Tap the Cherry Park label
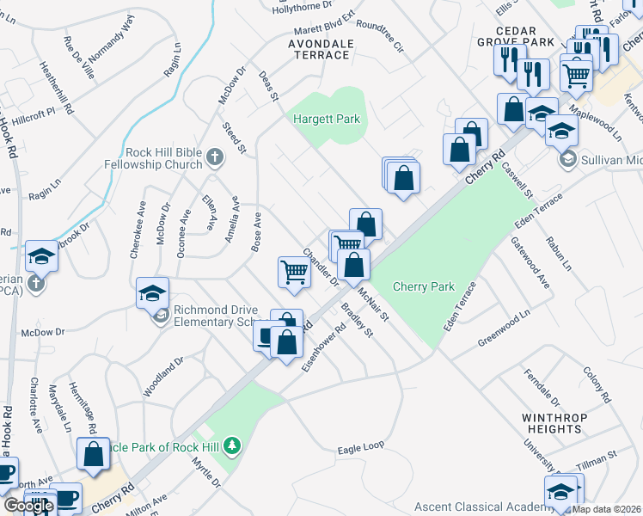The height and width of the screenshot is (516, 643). tap(423, 286)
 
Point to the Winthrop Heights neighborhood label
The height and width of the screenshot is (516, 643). tap(556, 423)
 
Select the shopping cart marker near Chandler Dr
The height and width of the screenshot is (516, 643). tap(294, 273)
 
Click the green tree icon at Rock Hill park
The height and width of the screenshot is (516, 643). tap(231, 445)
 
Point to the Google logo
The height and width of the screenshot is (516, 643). tap(28, 506)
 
